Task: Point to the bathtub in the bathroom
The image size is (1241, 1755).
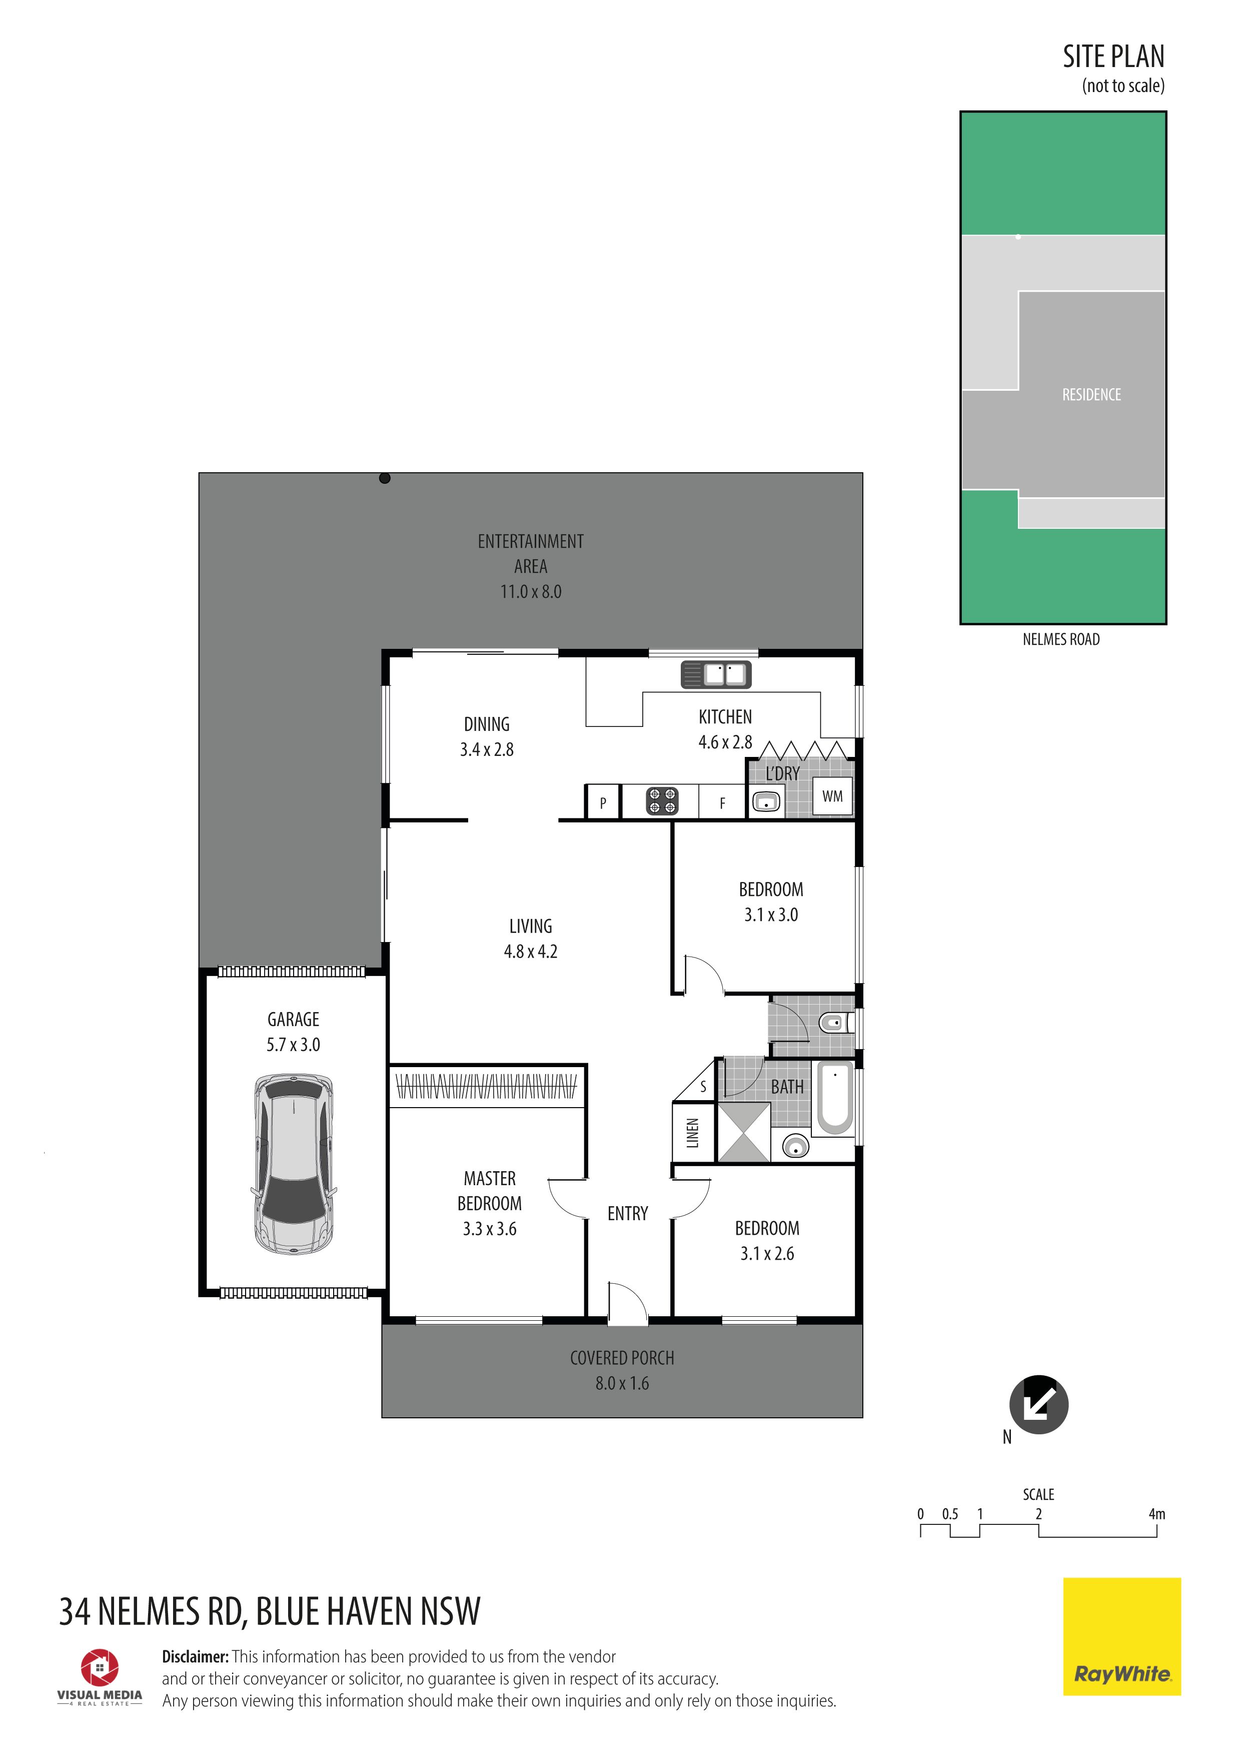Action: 835,1099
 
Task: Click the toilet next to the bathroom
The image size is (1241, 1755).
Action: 834,1022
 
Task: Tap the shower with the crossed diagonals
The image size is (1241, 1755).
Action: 743,1133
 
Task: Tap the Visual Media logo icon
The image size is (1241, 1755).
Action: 100,1667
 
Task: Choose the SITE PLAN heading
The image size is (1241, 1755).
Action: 1113,57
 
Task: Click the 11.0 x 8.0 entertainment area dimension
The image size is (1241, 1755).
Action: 531,592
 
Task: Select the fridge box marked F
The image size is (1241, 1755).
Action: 722,802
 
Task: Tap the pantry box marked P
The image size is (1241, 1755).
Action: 603,802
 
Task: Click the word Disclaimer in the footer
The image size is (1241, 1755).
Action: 195,1656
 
